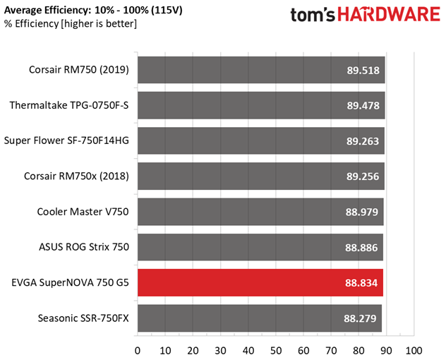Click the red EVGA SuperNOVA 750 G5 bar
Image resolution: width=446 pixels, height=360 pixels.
[x=260, y=282]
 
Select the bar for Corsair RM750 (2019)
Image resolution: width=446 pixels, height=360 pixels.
[x=261, y=70]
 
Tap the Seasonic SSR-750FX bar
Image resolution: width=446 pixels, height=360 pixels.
[x=260, y=318]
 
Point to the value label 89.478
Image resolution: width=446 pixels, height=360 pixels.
[x=363, y=106]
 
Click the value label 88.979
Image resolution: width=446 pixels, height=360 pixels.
[x=362, y=212]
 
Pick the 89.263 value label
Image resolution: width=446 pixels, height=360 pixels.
[x=363, y=141]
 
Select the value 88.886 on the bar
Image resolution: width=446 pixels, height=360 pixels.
[x=361, y=248]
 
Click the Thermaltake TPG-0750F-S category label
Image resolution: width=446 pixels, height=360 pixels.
[x=69, y=105]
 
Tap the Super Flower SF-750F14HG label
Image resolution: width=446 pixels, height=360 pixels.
[x=66, y=140]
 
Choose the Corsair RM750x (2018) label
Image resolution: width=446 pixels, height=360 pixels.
[x=76, y=176]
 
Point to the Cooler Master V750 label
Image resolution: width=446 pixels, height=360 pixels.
[x=83, y=212]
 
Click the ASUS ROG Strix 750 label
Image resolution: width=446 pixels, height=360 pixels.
[x=84, y=247]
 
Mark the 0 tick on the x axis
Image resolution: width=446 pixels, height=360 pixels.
[x=138, y=351]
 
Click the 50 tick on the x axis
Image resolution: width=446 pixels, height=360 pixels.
[x=276, y=351]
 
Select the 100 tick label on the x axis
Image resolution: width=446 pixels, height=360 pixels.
[x=414, y=351]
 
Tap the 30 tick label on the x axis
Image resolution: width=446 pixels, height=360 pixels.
[x=220, y=351]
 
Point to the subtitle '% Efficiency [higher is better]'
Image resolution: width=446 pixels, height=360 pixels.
[x=71, y=23]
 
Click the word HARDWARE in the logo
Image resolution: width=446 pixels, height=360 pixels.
[x=389, y=14]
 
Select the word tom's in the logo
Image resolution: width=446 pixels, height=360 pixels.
[x=313, y=15]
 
